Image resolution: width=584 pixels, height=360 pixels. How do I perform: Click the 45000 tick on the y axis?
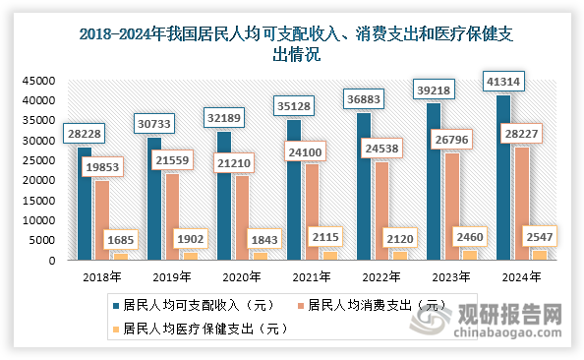[39, 81]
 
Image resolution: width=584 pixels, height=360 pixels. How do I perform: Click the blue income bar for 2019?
[154, 201]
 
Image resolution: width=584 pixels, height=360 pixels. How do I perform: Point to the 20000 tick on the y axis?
[39, 181]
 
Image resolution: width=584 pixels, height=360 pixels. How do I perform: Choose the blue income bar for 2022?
[364, 187]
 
